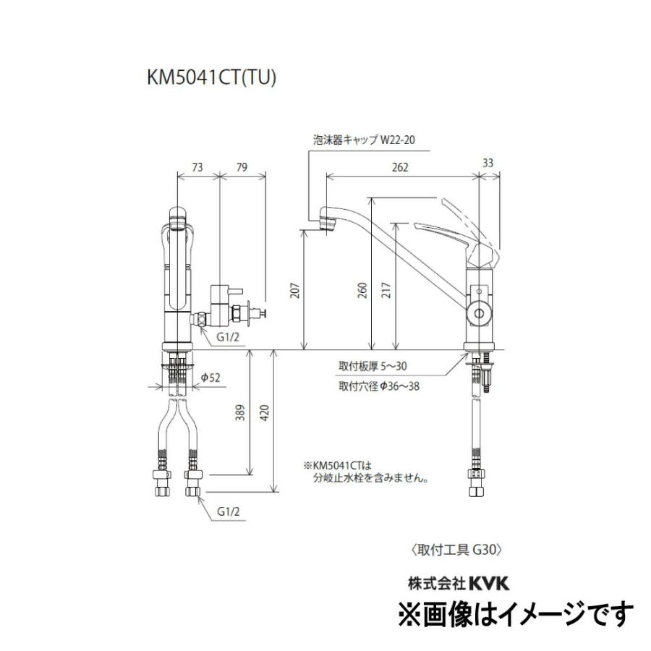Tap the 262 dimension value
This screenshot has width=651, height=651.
click(x=400, y=166)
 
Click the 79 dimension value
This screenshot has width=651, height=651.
click(x=242, y=166)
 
